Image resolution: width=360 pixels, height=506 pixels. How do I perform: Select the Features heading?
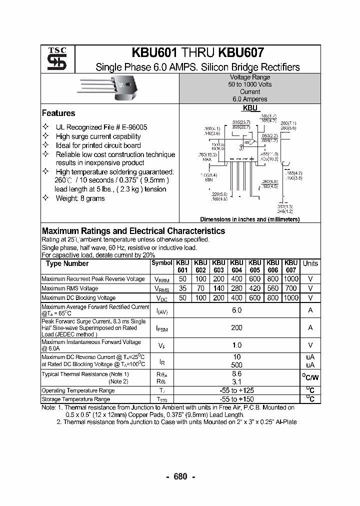coord(58,113)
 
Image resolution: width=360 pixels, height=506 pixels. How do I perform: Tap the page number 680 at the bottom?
coord(180,476)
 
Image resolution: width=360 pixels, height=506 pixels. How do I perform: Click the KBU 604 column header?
coord(236,266)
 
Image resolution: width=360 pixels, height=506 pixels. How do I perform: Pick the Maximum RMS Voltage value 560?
coord(272,288)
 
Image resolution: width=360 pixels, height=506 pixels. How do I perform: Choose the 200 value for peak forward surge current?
coord(236,327)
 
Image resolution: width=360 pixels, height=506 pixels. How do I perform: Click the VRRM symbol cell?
coord(161,279)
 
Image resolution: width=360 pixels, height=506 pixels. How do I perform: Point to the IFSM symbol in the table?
coord(161,328)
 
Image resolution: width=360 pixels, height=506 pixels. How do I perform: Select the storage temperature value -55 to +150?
coord(236,399)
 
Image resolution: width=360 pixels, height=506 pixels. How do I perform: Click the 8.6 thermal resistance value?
coord(236,373)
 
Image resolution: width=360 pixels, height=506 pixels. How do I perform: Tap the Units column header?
coord(310,263)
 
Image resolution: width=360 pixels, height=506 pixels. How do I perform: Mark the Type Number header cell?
coord(67,263)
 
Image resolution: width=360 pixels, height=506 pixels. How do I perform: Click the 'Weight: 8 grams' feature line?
coord(80,198)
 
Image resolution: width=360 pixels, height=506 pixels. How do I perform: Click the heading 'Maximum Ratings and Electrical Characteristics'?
coord(133,231)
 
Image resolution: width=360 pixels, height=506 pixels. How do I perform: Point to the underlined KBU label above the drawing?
coord(250,107)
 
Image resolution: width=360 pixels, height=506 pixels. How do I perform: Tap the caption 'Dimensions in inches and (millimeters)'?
coord(249,219)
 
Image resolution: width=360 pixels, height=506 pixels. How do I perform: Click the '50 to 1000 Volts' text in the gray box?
coord(250,84)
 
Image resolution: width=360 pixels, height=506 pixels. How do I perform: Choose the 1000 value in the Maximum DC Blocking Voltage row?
coord(290,297)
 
